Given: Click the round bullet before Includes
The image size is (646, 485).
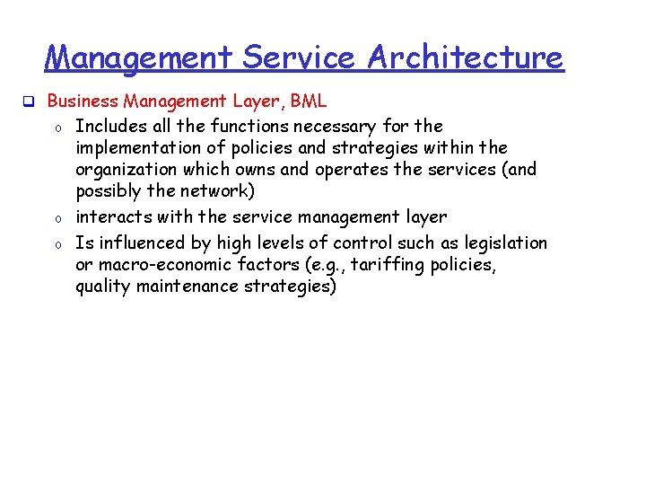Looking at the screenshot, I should click(x=56, y=127).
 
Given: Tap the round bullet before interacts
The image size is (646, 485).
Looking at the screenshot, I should click(x=56, y=218).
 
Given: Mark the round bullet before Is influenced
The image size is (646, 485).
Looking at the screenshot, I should click(x=56, y=243).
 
